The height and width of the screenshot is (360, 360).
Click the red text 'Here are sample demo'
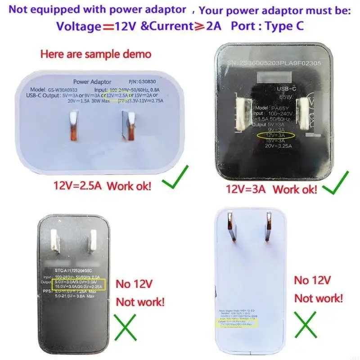tap(96, 54)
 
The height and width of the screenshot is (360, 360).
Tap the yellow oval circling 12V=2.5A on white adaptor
tap(117, 95)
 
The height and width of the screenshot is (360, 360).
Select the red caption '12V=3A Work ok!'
tap(268, 189)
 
